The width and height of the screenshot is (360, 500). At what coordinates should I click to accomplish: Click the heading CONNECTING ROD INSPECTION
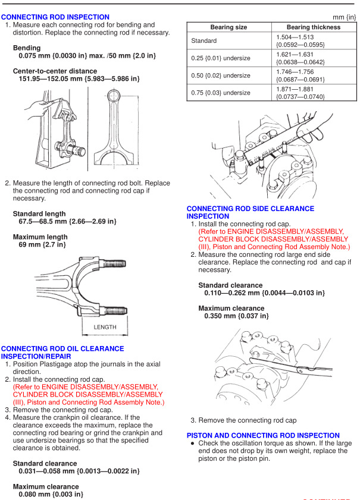coord(55,17)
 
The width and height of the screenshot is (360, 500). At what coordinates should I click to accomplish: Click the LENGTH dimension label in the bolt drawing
coord(105,327)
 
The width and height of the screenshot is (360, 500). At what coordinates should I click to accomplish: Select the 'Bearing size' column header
coord(229,27)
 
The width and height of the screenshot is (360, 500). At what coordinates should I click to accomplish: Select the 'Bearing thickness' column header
coord(314,27)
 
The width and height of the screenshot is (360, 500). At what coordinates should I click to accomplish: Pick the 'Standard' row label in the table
coord(204,41)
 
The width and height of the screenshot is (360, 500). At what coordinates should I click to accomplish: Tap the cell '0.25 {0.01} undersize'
coord(221,58)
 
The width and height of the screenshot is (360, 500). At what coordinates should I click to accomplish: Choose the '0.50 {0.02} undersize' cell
coord(221,76)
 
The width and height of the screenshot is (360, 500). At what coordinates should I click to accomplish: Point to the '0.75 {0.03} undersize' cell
coord(221,93)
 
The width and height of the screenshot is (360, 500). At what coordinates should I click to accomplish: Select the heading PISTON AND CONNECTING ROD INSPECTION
coord(263,435)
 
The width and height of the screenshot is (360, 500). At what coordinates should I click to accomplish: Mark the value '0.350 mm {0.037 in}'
coord(236,316)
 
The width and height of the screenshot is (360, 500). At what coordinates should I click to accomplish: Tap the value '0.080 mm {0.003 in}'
coord(50,493)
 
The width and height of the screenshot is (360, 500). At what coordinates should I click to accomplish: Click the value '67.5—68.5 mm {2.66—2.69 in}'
coord(68,221)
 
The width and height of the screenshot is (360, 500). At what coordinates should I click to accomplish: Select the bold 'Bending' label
coord(27,48)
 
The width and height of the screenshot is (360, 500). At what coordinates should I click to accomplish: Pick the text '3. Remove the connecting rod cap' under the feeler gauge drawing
coord(243,420)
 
